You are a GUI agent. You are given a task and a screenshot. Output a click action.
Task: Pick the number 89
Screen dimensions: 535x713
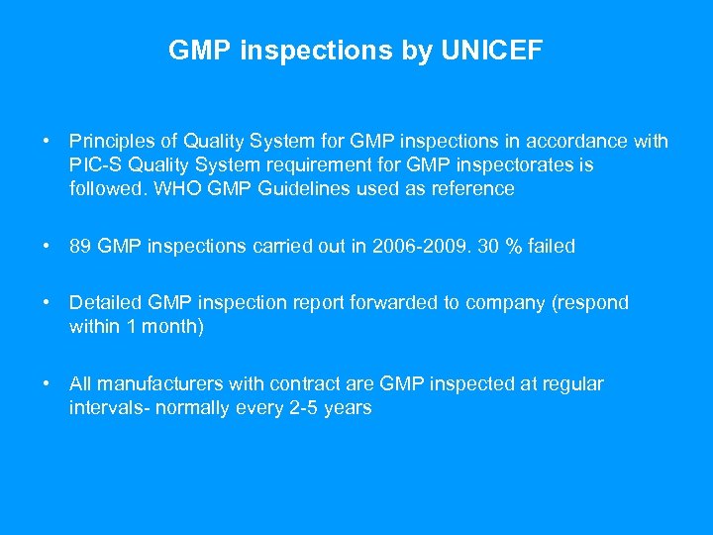coord(81,247)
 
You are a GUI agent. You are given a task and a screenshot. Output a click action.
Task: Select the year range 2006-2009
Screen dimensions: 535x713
coord(435,247)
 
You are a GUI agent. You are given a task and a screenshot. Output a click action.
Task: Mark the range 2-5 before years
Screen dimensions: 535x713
coord(297,408)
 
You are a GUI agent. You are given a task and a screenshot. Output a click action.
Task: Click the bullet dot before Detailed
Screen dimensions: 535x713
coord(47,303)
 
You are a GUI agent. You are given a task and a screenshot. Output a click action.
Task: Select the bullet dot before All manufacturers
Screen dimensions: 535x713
coord(47,384)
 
